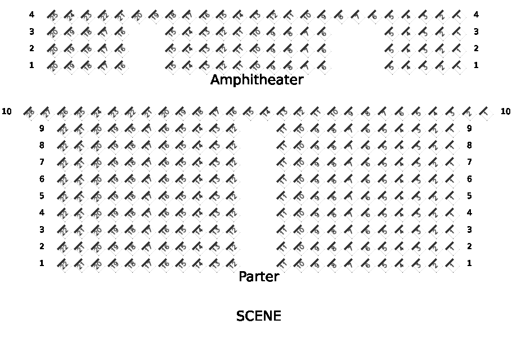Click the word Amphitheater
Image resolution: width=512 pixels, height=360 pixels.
257,80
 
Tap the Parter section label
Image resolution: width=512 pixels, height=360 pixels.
259,277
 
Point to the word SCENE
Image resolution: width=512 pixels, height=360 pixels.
258,316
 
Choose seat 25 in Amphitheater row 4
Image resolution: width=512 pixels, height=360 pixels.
52,15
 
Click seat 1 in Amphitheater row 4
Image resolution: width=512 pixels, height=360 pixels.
457,15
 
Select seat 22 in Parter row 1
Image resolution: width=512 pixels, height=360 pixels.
62,264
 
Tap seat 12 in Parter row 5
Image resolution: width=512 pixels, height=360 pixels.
231,196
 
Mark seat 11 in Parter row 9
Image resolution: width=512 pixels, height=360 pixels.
282,129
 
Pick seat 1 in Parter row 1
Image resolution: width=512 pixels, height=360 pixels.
451,264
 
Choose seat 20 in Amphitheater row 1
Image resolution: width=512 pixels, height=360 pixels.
52,66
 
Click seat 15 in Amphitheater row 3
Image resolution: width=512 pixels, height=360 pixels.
170,32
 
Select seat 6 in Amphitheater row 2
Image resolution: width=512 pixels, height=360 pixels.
322,49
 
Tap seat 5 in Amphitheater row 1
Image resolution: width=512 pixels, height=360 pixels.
389,66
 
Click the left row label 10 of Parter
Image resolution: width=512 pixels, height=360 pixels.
7,111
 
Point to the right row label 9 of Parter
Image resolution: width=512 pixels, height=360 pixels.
469,128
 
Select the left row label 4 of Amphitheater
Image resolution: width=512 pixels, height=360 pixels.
32,15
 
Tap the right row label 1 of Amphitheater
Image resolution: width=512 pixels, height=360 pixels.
476,65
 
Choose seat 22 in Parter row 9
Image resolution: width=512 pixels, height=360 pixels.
62,129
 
